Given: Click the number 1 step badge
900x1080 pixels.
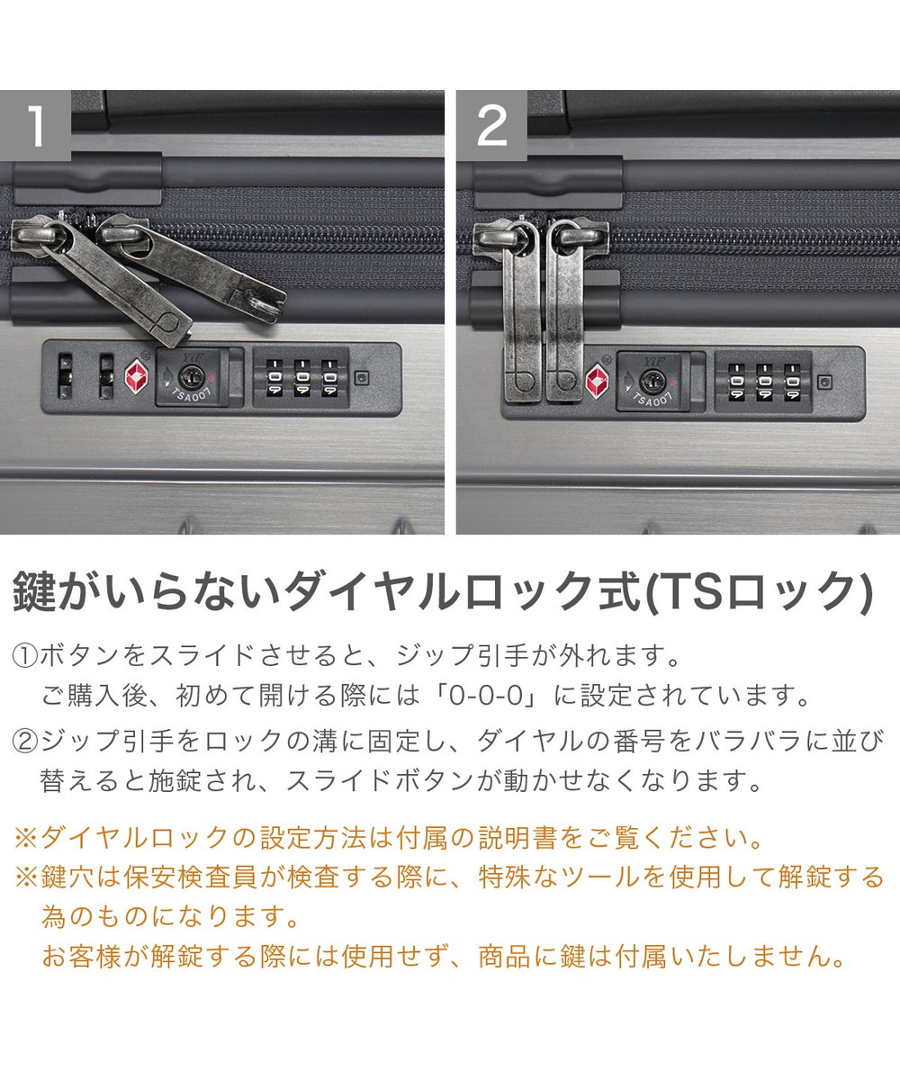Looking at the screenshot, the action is click(35, 125).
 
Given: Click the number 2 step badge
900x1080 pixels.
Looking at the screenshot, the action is click(491, 125).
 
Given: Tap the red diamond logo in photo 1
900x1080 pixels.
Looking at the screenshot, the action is click(136, 376).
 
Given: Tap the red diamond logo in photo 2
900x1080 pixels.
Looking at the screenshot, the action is click(598, 382).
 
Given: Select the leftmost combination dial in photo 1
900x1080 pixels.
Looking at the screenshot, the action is click(274, 378).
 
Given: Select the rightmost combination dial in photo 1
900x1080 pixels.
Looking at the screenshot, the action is click(329, 378).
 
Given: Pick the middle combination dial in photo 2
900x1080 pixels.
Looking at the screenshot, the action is click(763, 382).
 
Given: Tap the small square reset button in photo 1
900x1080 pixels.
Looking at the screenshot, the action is click(362, 378).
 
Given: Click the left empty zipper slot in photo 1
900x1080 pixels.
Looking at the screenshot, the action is click(65, 376).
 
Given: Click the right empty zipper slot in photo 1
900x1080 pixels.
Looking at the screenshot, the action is click(106, 376).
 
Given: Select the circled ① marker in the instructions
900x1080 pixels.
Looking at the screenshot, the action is click(25, 656).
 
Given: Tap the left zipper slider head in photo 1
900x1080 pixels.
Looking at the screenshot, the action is click(36, 236).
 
